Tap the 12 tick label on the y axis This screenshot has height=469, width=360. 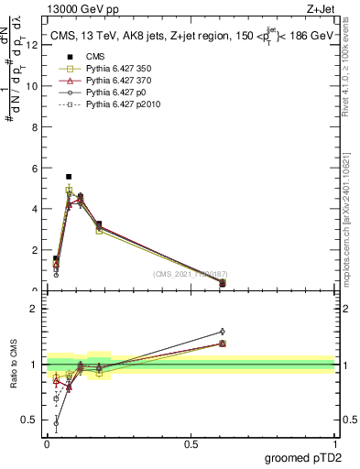tap(33, 44)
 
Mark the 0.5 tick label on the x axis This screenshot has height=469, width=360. tap(191, 443)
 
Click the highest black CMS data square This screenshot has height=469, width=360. tap(69, 176)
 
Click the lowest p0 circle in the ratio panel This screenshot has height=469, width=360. tap(56, 423)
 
